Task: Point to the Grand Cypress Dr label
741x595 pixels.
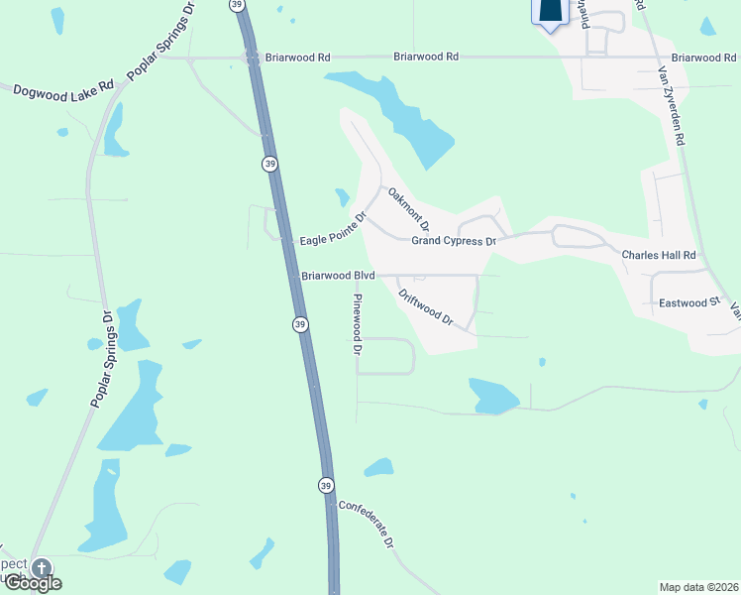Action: [454, 241]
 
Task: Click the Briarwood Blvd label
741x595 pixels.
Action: [339, 276]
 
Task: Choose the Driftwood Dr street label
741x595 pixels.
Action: [425, 307]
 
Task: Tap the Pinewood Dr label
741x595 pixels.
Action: [358, 324]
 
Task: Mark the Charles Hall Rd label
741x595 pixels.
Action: [660, 256]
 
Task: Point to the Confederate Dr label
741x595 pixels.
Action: [368, 523]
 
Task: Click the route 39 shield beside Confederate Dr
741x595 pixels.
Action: [326, 485]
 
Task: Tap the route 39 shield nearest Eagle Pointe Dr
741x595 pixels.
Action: [269, 164]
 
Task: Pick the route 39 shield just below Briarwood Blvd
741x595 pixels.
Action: [299, 324]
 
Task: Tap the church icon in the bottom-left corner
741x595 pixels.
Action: [41, 568]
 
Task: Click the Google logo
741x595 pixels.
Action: [32, 583]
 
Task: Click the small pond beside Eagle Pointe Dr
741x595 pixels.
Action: [343, 196]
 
